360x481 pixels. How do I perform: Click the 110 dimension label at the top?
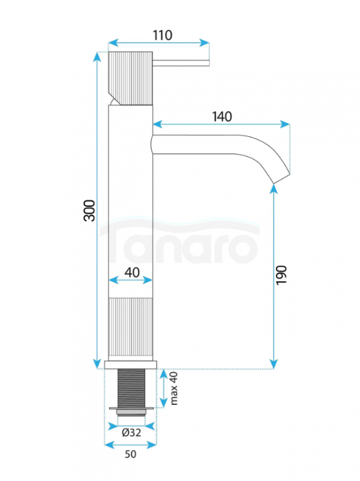pyautogui.click(x=163, y=35)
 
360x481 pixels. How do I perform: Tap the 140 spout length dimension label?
pyautogui.click(x=222, y=116)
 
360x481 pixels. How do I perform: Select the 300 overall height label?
pyautogui.click(x=89, y=211)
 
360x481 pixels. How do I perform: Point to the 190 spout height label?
pyautogui.click(x=281, y=275)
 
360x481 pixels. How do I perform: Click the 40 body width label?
pyautogui.click(x=132, y=272)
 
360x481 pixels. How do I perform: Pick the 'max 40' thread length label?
pyautogui.click(x=174, y=389)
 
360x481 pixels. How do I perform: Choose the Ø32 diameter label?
pyautogui.click(x=131, y=432)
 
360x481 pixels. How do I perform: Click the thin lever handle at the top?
pyautogui.click(x=181, y=63)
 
